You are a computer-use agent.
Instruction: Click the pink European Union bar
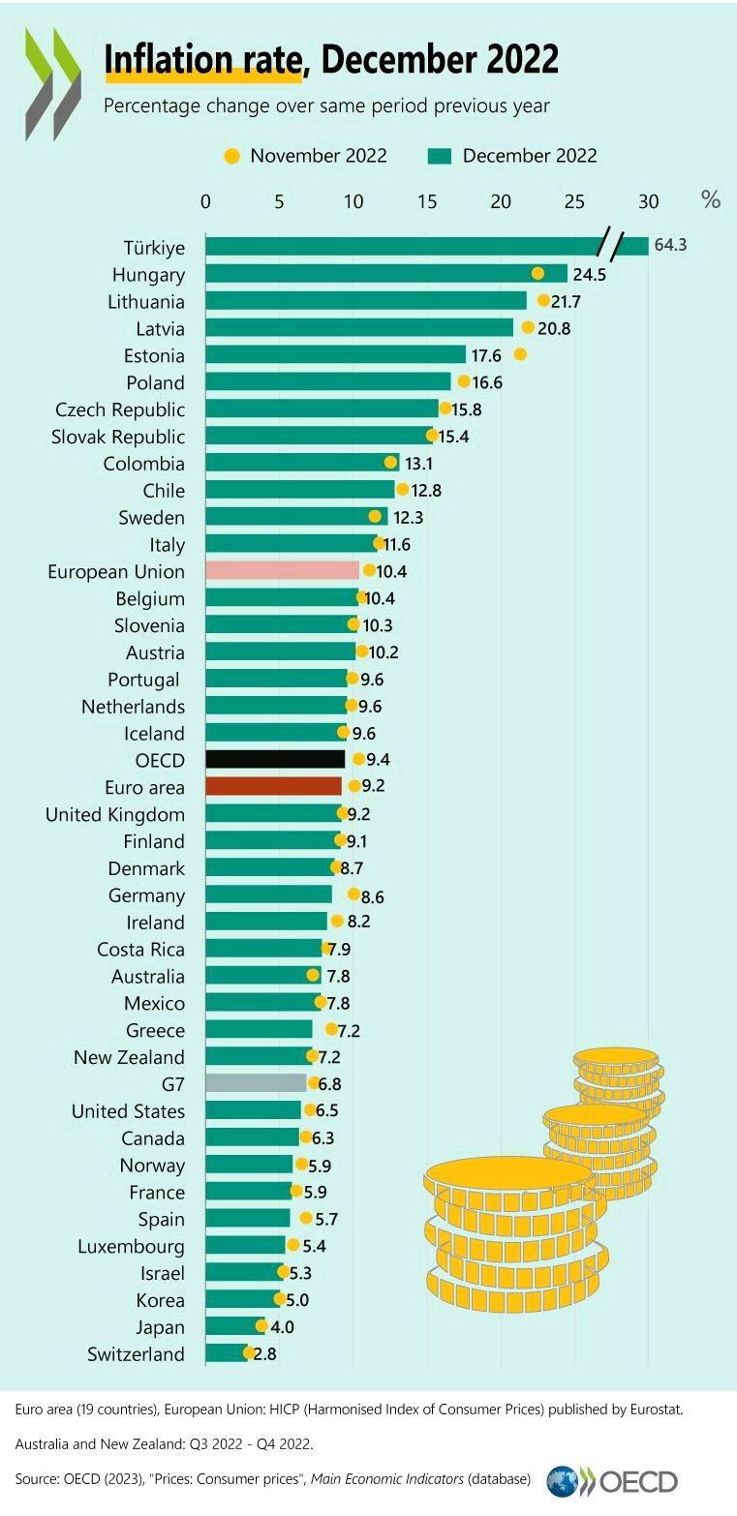click(282, 571)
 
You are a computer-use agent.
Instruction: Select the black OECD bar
click(275, 759)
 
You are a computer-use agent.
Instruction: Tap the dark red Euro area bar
click(274, 786)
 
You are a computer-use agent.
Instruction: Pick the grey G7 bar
click(256, 1083)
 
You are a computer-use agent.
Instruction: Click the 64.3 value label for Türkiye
click(670, 246)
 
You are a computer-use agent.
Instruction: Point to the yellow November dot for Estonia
click(520, 354)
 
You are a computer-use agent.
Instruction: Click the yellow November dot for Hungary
click(537, 274)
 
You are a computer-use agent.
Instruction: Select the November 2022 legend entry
click(306, 156)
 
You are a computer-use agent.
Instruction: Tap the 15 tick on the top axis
click(427, 201)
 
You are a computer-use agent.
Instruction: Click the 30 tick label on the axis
click(648, 201)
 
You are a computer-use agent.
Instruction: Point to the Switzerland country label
click(136, 1353)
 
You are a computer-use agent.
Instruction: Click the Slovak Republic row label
click(118, 437)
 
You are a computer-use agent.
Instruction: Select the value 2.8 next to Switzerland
click(264, 1353)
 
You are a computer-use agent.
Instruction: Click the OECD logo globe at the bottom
click(563, 1481)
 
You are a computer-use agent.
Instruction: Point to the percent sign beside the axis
click(711, 200)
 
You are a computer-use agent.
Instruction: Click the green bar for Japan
click(232, 1326)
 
